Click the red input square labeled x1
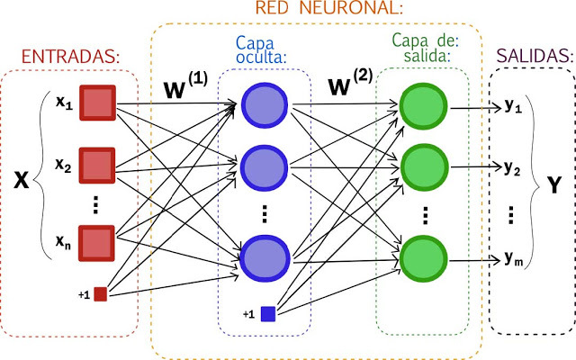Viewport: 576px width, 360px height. pos(98,104)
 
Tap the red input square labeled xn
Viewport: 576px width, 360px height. pos(98,243)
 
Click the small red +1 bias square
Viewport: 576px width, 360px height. pos(100,293)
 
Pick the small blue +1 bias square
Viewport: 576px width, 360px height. pos(268,313)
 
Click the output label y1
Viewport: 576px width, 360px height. pos(513,106)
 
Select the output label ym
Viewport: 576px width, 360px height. pos(514,260)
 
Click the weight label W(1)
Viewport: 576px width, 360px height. pos(185,86)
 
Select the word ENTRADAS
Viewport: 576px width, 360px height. pos(70,58)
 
